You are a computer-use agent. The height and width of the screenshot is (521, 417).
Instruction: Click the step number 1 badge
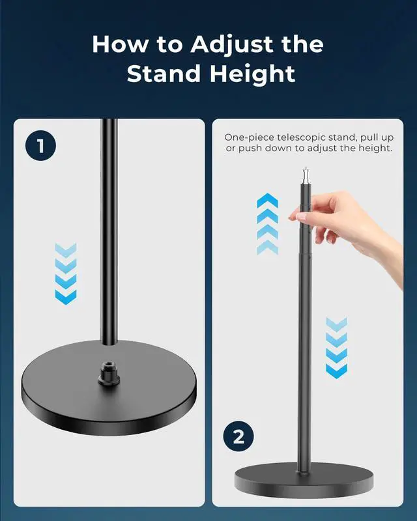(x=41, y=145)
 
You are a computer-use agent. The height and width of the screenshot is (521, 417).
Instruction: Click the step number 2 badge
(x=238, y=437)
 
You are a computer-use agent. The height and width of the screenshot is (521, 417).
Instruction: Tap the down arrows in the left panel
(x=65, y=274)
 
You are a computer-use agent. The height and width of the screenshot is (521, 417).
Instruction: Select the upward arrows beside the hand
(x=267, y=223)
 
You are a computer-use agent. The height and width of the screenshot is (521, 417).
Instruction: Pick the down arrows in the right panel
(x=336, y=348)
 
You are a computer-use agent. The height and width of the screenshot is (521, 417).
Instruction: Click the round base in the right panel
(x=304, y=480)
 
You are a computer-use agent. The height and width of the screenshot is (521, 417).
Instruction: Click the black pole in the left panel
(x=108, y=228)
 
